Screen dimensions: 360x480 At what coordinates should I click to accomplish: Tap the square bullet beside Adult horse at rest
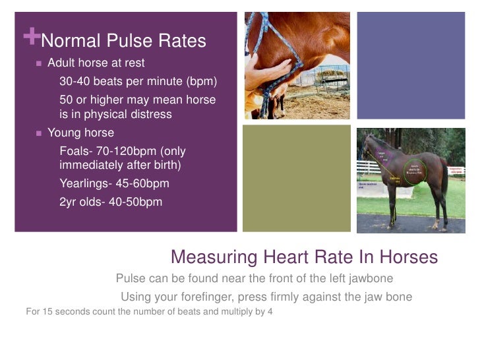coord(39,64)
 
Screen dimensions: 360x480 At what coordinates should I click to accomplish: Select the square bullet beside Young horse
coord(39,133)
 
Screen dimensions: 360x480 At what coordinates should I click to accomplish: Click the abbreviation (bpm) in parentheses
coord(200,82)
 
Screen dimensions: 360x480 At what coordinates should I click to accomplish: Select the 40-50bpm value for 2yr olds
coord(132,202)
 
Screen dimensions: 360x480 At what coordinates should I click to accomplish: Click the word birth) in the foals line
coord(163,165)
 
